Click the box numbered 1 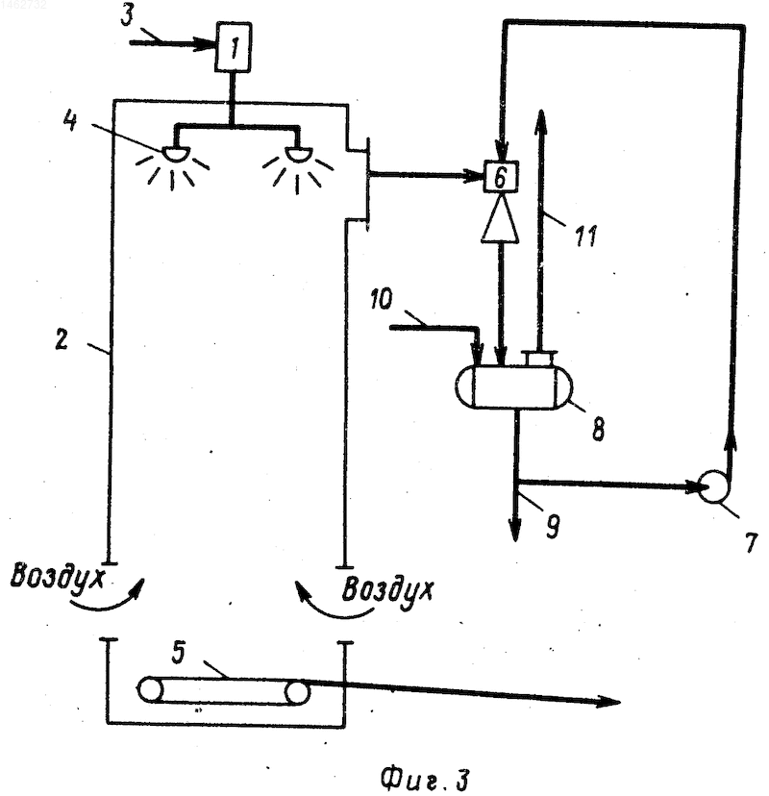point(234,47)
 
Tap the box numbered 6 point(501,176)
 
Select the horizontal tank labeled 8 point(513,386)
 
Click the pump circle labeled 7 point(713,485)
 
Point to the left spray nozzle point(176,153)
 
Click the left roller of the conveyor point(150,690)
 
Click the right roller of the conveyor point(297,692)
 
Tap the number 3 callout point(128,14)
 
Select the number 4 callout point(70,121)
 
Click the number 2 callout point(62,339)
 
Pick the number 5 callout point(178,653)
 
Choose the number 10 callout point(382,299)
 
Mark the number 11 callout point(585,236)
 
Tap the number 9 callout point(553,526)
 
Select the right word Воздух point(387,590)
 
